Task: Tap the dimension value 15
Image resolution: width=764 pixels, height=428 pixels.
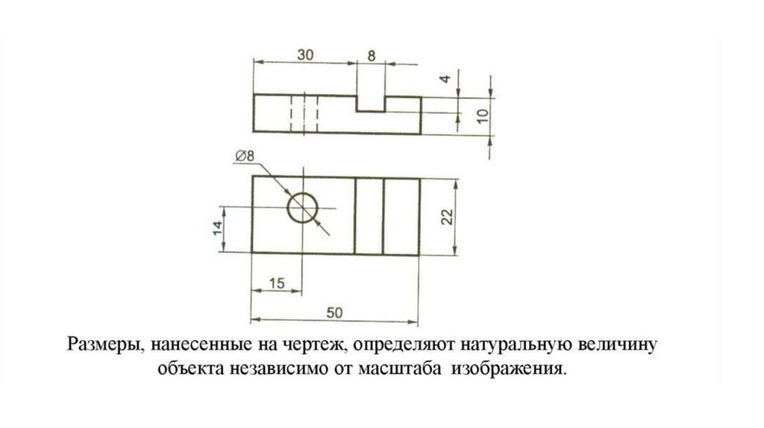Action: coord(277,283)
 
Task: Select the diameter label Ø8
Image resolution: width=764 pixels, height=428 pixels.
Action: coord(244,156)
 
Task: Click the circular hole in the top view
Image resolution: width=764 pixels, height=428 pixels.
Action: coord(303,207)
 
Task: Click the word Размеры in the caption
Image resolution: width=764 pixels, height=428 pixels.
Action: coord(101,345)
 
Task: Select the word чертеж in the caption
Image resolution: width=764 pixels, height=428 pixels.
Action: coord(315,345)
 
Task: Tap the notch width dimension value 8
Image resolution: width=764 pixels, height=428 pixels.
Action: coord(372,54)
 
